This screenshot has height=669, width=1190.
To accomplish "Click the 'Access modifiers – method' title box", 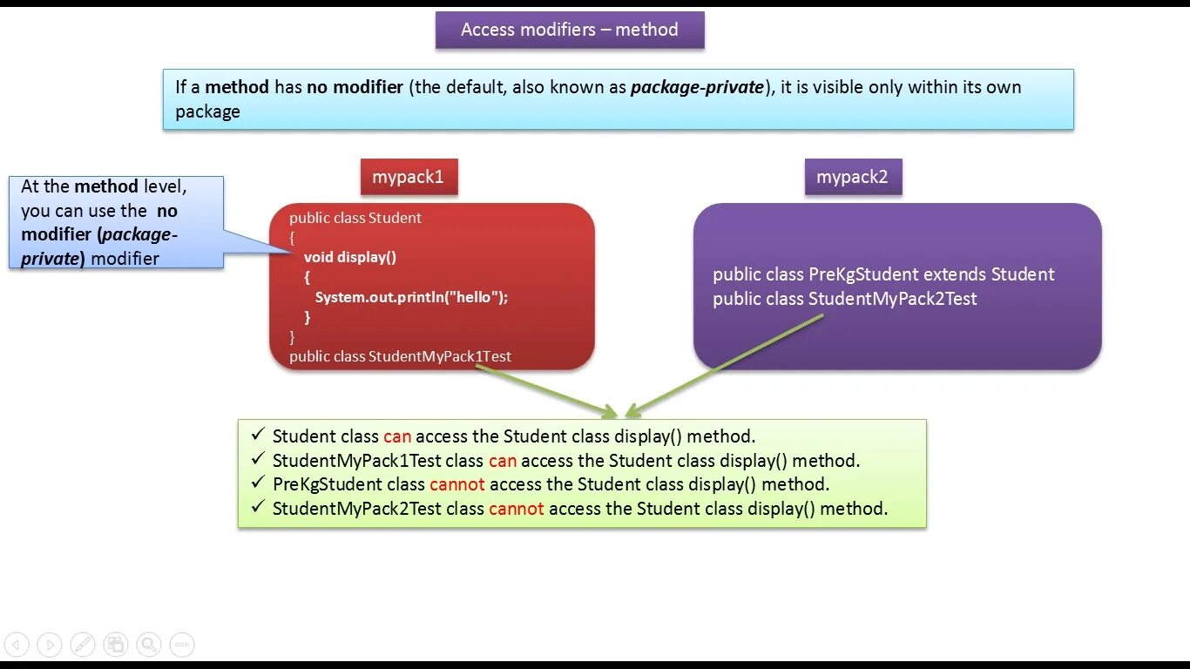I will pyautogui.click(x=570, y=30).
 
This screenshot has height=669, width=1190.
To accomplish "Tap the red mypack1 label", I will pyautogui.click(x=409, y=177).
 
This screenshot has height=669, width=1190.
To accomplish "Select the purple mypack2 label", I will pyautogui.click(x=852, y=177).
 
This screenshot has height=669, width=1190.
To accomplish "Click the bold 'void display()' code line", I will pyautogui.click(x=349, y=257).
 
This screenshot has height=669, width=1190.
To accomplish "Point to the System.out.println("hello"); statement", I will pyautogui.click(x=411, y=297).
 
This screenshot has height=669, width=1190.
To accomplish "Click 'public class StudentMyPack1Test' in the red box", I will pyautogui.click(x=400, y=356).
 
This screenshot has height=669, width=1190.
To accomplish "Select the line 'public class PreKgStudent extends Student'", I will pyautogui.click(x=883, y=274).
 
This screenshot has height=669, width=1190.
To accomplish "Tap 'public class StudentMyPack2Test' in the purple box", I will pyautogui.click(x=844, y=299).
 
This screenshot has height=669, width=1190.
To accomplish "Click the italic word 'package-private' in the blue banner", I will pyautogui.click(x=697, y=87).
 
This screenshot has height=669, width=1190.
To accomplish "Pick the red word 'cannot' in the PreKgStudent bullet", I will pyautogui.click(x=456, y=484).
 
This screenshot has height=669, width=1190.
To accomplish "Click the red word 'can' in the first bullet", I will pyautogui.click(x=396, y=436).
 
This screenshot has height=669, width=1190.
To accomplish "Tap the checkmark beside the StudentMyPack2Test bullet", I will pyautogui.click(x=257, y=507).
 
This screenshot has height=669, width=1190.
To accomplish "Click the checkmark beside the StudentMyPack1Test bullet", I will pyautogui.click(x=257, y=459).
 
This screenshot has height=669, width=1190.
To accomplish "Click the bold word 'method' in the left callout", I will pyautogui.click(x=106, y=186).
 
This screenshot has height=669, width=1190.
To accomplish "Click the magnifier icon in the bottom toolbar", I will pyautogui.click(x=149, y=645).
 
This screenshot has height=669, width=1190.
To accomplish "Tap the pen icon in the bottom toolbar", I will pyautogui.click(x=83, y=645).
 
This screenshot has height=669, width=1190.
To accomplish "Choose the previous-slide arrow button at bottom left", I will pyautogui.click(x=17, y=645).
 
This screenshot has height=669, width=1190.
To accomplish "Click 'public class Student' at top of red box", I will pyautogui.click(x=355, y=218).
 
